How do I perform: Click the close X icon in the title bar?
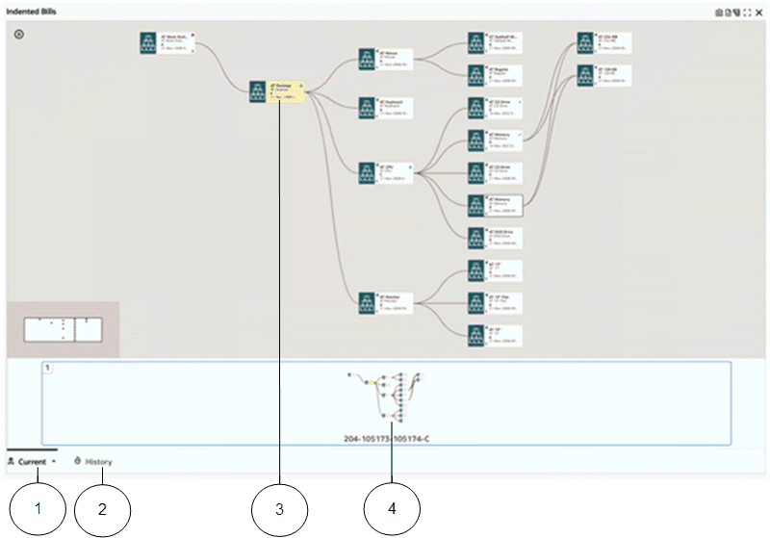coord(758,13)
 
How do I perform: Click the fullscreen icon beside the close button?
coord(748,13)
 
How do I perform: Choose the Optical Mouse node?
coord(496,43)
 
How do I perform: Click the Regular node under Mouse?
coord(496,75)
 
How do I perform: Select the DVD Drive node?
coord(496,238)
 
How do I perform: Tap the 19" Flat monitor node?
coord(496,303)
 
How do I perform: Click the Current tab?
coord(32,462)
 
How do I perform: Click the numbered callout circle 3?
coord(279,508)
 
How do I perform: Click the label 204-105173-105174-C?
coord(386,439)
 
